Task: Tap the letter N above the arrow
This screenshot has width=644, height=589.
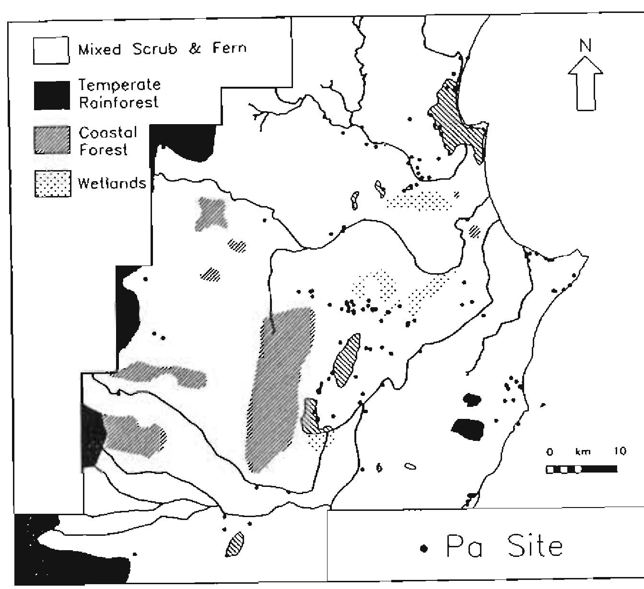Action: (585, 46)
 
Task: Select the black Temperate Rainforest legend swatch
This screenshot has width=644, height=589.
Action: (51, 95)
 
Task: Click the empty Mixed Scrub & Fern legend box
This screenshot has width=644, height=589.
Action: (51, 50)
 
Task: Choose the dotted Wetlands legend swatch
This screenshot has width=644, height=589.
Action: (53, 184)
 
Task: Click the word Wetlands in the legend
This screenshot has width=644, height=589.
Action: (111, 183)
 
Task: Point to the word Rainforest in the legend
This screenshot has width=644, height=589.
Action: (118, 103)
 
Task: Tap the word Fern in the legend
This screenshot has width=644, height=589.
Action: (229, 48)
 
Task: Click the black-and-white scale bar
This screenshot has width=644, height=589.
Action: (581, 469)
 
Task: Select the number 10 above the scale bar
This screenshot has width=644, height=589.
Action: (620, 451)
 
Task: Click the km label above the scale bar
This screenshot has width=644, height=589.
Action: (583, 451)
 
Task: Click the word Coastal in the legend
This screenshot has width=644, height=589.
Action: (108, 132)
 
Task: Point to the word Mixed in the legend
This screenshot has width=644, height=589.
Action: (100, 49)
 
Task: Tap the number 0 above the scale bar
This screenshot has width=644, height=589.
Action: (550, 452)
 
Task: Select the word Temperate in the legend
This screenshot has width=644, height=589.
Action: (119, 86)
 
